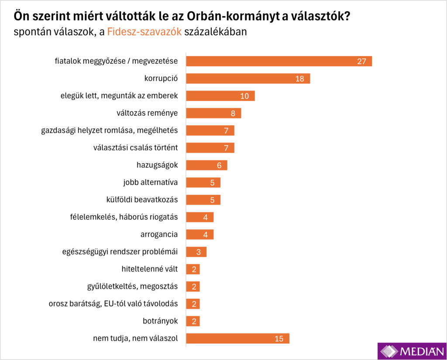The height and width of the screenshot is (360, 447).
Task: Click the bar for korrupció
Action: [x=248, y=79]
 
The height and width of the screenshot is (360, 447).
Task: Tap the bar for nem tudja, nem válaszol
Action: [x=237, y=339]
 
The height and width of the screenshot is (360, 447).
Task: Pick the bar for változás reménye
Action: [x=213, y=113]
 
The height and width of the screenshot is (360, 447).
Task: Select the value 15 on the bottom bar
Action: [x=279, y=339]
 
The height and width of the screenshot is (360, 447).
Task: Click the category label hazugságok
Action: [x=157, y=165]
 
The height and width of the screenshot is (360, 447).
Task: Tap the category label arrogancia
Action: [x=159, y=235]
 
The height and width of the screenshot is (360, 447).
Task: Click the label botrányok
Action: [x=160, y=321]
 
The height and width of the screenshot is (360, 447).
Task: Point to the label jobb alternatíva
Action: [x=151, y=183]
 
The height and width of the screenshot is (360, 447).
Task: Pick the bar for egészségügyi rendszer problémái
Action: [x=196, y=252]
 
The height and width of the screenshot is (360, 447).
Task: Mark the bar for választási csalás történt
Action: [x=210, y=148]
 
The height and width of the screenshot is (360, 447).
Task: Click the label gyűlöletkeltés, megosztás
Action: [x=132, y=287]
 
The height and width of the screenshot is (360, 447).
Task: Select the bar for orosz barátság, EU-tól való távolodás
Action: [x=193, y=304]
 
